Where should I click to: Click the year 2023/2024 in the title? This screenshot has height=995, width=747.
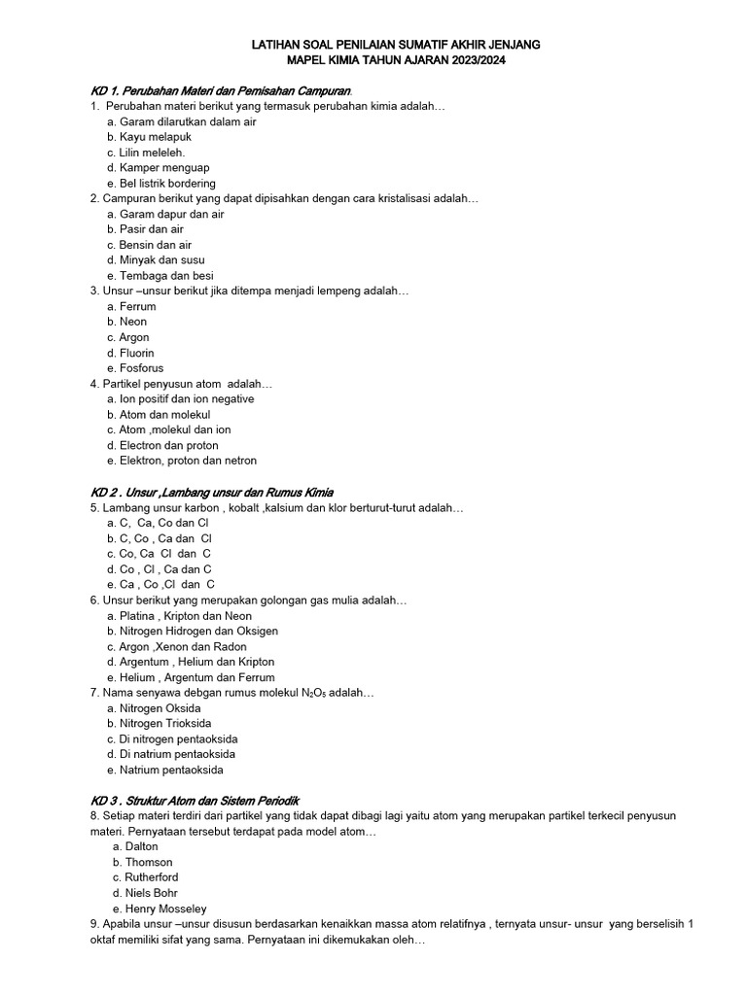(474, 60)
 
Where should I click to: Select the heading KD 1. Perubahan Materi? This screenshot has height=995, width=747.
(214, 91)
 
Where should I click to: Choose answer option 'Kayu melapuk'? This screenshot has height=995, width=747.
(149, 137)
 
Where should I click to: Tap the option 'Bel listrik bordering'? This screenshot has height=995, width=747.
(161, 183)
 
